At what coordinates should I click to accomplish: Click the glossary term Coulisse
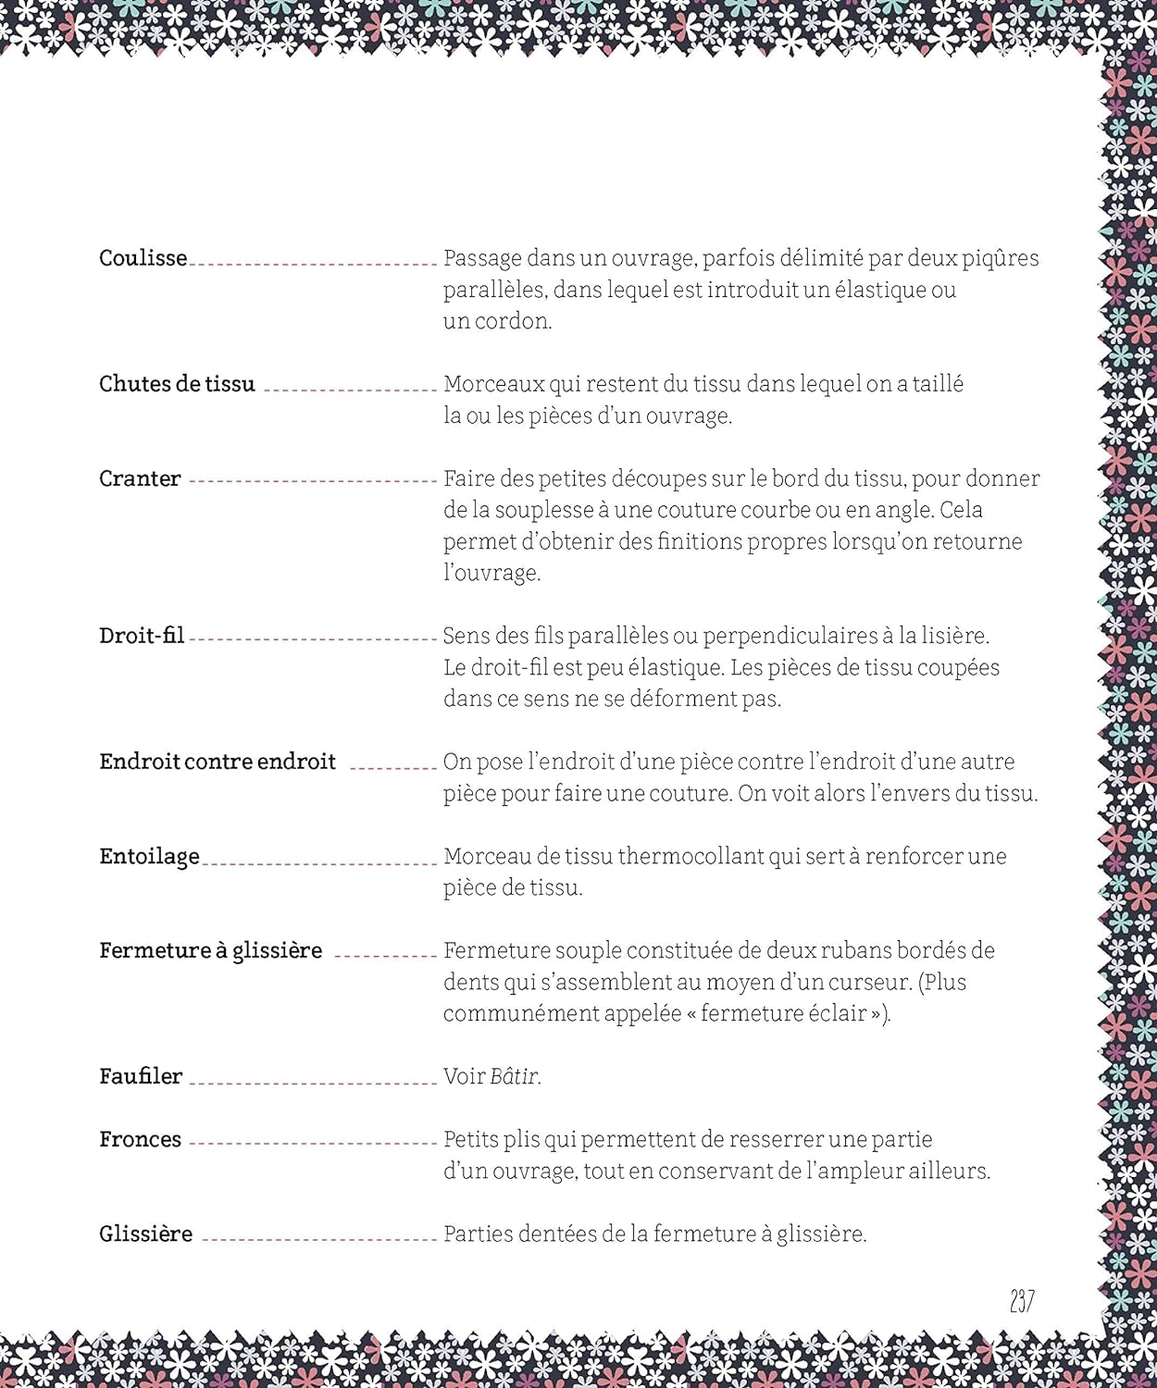143,258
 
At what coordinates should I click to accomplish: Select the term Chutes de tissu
177,384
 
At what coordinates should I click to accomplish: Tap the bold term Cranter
140,478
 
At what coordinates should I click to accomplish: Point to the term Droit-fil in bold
142,636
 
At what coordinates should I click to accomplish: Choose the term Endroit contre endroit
218,762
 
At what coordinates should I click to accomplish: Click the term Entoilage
149,857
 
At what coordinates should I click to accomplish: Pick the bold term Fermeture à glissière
211,951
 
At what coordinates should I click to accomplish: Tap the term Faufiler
141,1076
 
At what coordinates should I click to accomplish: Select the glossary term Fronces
140,1139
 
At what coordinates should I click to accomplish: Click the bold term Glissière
145,1233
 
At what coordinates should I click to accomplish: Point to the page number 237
1022,1301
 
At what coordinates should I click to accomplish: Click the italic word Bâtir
515,1076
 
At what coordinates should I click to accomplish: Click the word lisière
954,636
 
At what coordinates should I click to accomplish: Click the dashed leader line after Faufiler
312,1082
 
